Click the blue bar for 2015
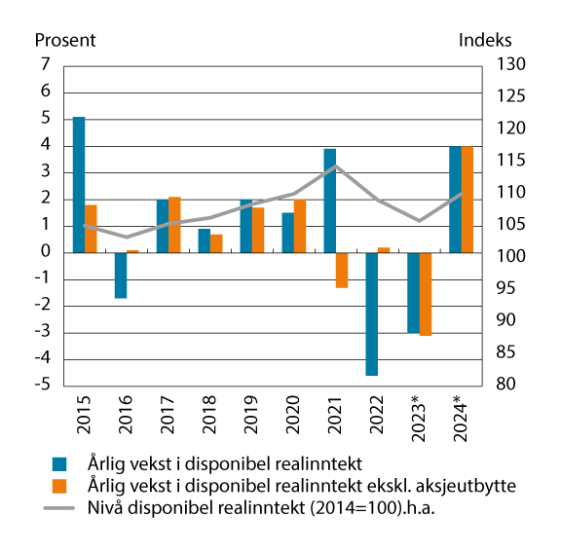79,185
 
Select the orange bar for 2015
91,229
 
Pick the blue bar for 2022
371,313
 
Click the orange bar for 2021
342,270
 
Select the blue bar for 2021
330,201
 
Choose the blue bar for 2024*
455,200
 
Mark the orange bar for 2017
174,225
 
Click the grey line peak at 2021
336,166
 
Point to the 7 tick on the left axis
43,65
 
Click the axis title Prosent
65,41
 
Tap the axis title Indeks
483,41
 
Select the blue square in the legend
60,462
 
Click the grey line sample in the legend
60,504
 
